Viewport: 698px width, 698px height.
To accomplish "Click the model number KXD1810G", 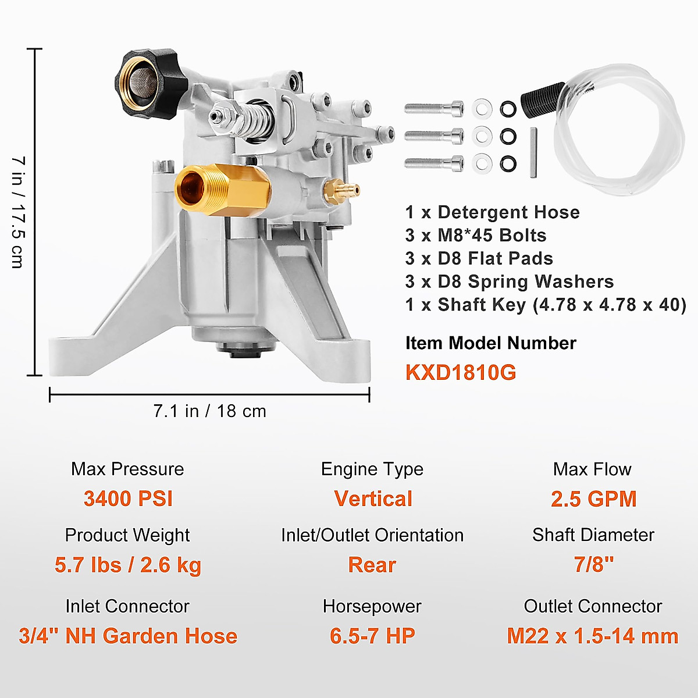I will [461, 372].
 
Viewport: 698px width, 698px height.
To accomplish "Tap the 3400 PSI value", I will [128, 498].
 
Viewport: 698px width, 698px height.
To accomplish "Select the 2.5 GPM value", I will [593, 498].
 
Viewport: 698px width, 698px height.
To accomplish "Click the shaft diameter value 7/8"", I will [593, 564].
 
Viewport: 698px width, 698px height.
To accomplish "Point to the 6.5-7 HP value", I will [372, 636].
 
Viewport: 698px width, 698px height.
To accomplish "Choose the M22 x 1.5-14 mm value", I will [592, 636].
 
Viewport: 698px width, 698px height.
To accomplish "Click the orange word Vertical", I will [373, 498].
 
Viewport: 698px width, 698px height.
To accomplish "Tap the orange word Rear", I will [372, 564].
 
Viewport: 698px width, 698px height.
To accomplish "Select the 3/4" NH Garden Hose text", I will [128, 636].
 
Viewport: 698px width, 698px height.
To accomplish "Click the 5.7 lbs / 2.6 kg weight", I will [128, 564].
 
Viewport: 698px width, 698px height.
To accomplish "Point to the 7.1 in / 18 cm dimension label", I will [209, 411].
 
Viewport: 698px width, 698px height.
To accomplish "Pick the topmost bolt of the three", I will [434, 108].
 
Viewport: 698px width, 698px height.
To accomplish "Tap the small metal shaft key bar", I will [534, 154].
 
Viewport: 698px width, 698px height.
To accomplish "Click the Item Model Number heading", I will [490, 343].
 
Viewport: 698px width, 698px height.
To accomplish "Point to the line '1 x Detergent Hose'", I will [492, 212].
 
